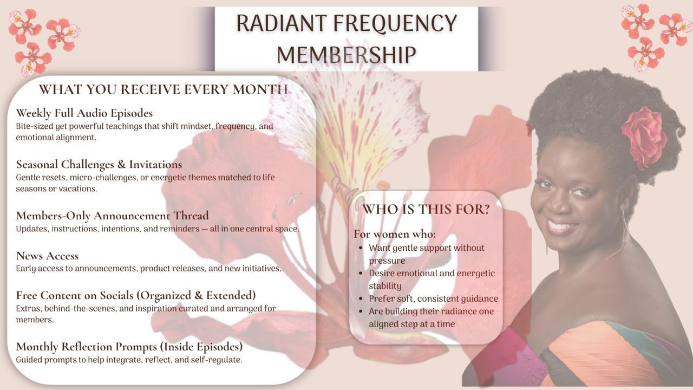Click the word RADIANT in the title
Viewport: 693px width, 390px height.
[x=281, y=23]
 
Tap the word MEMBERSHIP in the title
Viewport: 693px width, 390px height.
[x=346, y=55]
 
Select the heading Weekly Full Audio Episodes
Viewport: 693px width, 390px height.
[x=84, y=113]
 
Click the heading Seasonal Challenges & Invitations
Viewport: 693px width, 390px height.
[x=99, y=164]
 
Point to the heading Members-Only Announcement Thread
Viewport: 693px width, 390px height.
[x=112, y=216]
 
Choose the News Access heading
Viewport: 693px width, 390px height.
[x=47, y=256]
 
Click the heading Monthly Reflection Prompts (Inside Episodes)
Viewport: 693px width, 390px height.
[x=129, y=347]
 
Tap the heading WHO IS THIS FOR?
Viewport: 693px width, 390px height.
[x=426, y=209]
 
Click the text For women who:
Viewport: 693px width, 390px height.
[x=395, y=234]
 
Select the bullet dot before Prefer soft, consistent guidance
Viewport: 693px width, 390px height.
[x=361, y=298]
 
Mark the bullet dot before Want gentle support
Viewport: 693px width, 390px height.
[x=361, y=248]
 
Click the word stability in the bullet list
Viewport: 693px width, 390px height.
[x=385, y=285]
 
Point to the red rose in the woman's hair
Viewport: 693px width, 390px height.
[x=644, y=138]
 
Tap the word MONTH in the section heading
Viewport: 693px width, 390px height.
[x=260, y=89]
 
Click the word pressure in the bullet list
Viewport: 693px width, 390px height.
[x=387, y=261]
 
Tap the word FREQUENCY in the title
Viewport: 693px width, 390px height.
[x=395, y=23]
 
